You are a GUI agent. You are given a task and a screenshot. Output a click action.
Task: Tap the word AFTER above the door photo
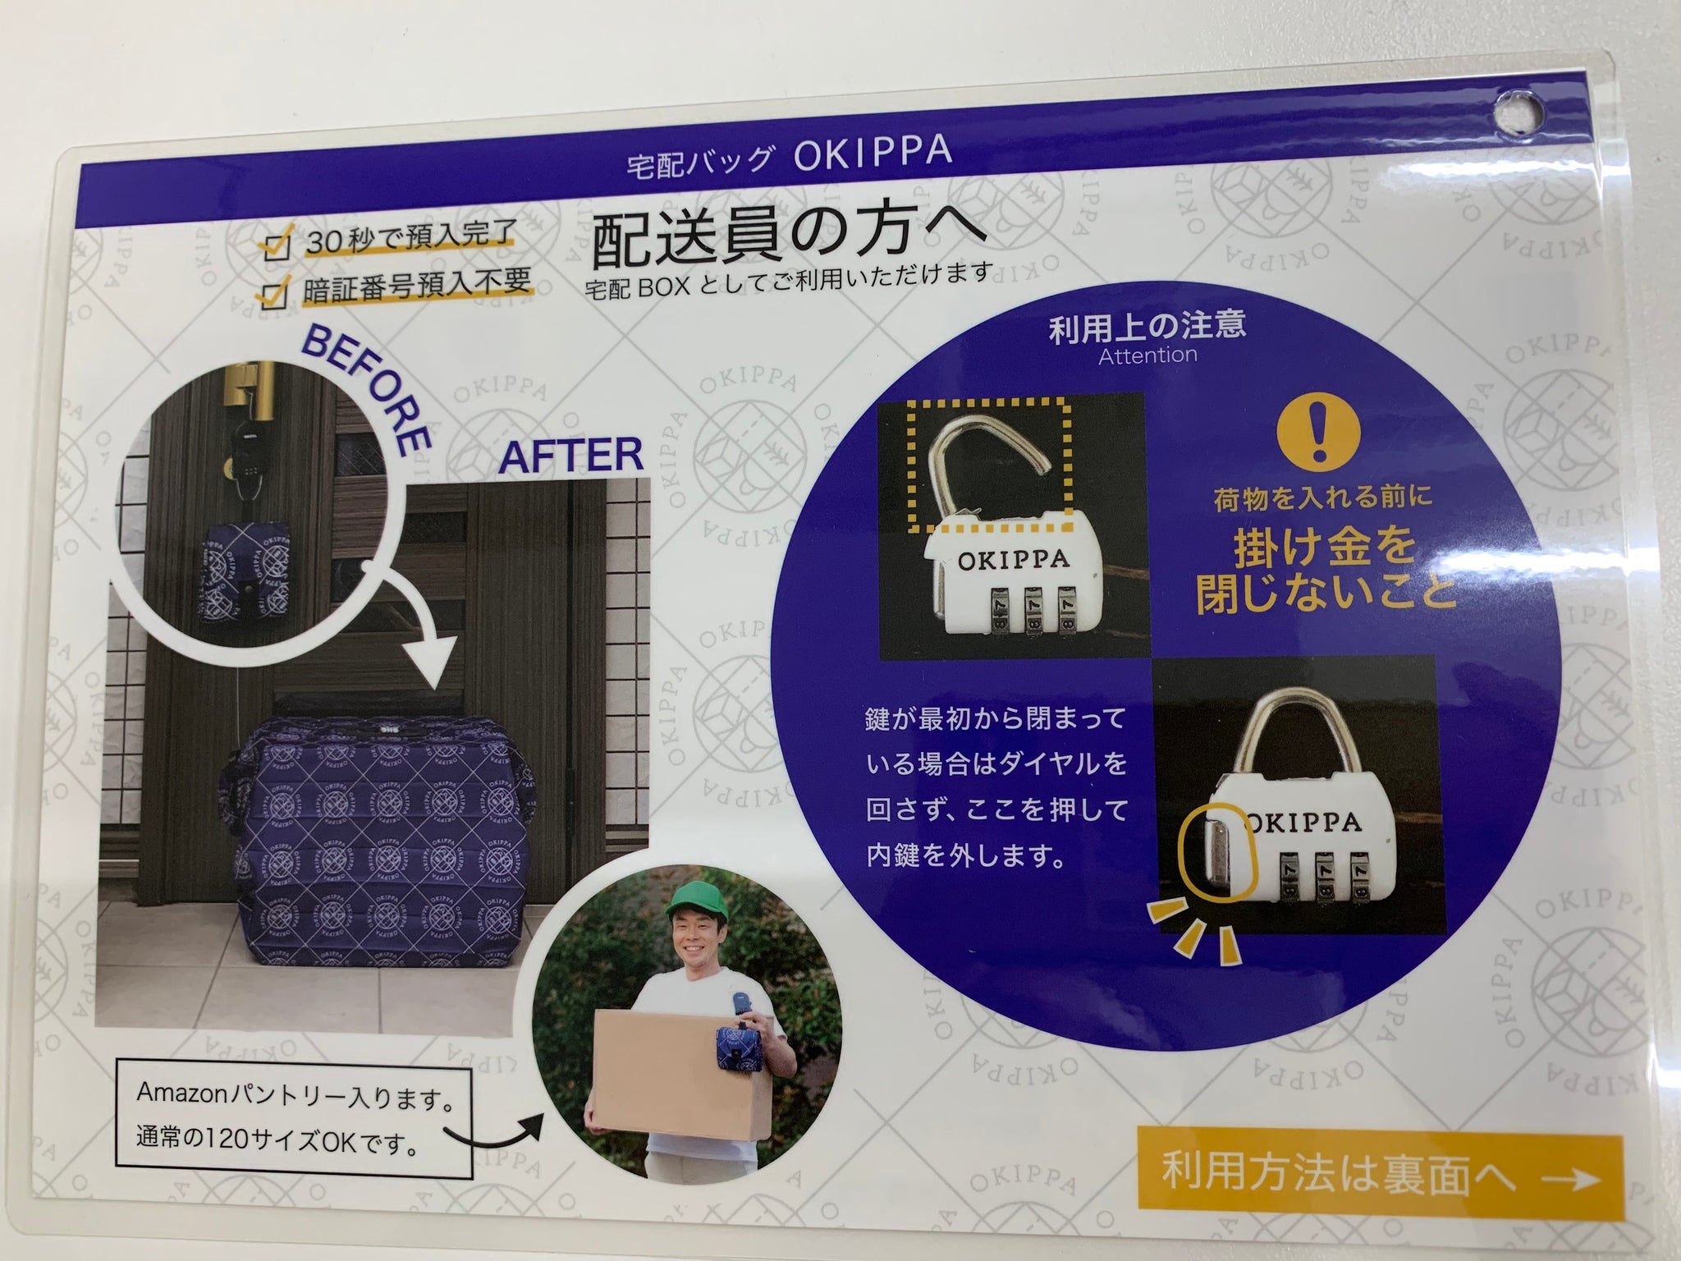tap(571, 454)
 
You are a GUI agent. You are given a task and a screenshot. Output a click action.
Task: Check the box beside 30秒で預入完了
tap(275, 246)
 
